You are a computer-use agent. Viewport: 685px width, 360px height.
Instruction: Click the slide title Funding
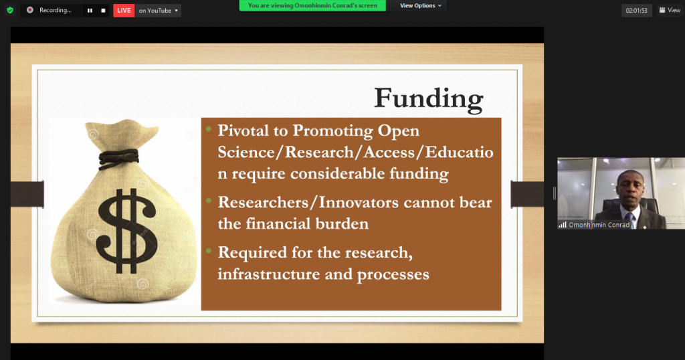(429, 99)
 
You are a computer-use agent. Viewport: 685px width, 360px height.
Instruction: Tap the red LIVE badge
(124, 11)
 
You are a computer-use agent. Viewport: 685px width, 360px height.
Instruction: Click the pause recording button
(90, 11)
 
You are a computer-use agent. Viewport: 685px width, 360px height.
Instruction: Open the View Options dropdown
(420, 5)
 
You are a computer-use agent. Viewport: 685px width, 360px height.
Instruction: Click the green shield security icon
(10, 10)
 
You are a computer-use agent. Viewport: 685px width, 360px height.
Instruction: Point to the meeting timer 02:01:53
(637, 11)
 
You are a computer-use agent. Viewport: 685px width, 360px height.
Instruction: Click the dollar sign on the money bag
(126, 231)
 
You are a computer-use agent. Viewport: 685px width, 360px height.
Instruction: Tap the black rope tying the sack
(119, 158)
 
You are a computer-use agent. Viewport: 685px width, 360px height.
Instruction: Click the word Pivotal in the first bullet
(243, 130)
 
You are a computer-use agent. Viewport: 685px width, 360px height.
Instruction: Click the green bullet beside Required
(209, 251)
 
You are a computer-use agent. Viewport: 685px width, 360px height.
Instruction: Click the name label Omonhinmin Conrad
(599, 225)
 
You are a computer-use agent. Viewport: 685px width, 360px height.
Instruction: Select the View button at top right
(670, 10)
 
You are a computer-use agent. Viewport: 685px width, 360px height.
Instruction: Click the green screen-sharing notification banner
(312, 5)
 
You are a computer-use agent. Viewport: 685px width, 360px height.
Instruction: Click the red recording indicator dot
(29, 10)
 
